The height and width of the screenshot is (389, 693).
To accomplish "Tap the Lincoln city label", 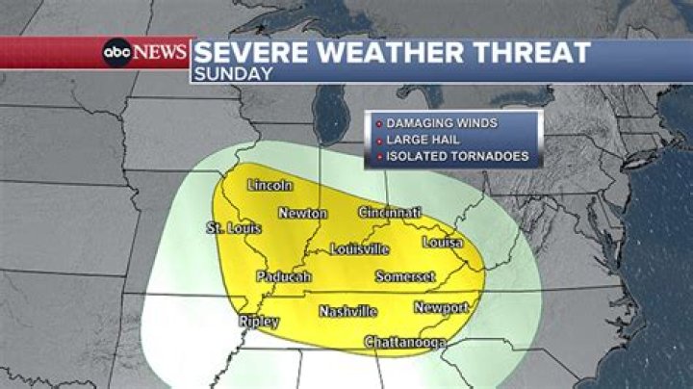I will (269, 185).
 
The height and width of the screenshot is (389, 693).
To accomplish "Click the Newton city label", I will (302, 213).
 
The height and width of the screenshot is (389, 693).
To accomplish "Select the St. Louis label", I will (235, 228).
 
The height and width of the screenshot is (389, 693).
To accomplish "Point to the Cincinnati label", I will (390, 212).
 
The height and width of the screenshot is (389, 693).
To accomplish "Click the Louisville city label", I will (359, 248).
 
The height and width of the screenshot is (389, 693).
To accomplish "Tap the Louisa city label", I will (443, 242).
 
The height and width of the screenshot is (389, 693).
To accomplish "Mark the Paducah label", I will (284, 277).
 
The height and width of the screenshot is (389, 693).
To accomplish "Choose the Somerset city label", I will (405, 277).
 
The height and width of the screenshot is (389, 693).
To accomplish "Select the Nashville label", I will (347, 311).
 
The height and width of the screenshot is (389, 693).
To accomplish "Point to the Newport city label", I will (441, 307).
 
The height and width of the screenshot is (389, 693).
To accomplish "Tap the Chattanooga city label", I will (404, 342).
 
